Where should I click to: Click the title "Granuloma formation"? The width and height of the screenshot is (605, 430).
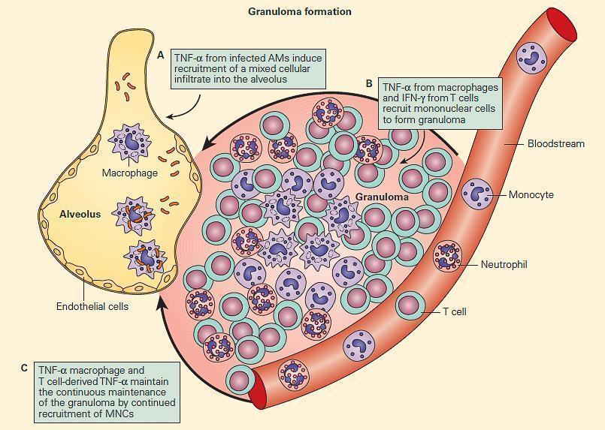pos(299,11)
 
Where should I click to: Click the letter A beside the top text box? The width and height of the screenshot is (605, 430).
pos(161,55)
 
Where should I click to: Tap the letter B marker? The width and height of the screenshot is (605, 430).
pos(369,83)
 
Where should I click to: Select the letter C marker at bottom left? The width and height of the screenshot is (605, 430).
pos(25,368)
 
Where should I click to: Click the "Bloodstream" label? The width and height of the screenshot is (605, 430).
pos(555,143)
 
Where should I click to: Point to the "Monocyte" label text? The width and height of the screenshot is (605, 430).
pos(531,195)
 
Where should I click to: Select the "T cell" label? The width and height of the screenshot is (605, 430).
pos(454,311)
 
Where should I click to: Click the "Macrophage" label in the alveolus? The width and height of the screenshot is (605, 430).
pos(129,173)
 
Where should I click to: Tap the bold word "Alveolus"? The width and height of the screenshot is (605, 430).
pos(80,214)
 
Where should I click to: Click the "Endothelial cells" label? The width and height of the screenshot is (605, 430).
pos(92,306)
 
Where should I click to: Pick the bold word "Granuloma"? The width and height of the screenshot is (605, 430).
pos(383,197)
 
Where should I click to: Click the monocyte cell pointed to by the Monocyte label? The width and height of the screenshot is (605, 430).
pos(477,194)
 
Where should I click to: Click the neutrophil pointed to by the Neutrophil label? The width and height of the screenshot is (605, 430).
pos(449,256)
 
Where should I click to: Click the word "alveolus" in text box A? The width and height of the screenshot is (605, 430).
pos(288,79)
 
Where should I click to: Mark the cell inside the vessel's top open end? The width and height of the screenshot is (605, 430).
pos(534,56)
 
